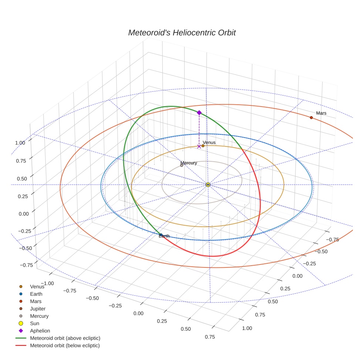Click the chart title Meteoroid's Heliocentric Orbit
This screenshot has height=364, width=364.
point(182,33)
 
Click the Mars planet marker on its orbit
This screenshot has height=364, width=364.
point(311,118)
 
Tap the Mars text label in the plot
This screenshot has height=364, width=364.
point(321,113)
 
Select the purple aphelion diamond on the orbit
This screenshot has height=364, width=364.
point(199,112)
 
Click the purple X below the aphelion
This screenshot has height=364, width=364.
point(199,146)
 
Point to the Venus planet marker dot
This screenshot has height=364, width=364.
point(203,146)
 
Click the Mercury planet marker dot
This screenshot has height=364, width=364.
point(182,165)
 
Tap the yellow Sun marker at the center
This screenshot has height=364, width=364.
point(208,185)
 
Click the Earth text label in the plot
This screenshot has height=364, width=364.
point(164,236)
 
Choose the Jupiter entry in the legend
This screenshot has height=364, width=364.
point(38,309)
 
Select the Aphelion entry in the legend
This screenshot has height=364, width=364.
point(40,331)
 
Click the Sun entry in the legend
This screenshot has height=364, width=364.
point(34,323)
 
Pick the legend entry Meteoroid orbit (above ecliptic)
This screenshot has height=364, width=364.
point(65,338)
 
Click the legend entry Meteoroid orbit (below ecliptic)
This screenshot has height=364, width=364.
point(65,346)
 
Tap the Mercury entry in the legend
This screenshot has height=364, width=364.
point(39,316)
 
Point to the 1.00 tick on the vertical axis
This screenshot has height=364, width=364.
point(20,143)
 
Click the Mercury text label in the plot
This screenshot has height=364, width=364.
point(189,163)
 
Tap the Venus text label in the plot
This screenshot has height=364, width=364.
point(209,142)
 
